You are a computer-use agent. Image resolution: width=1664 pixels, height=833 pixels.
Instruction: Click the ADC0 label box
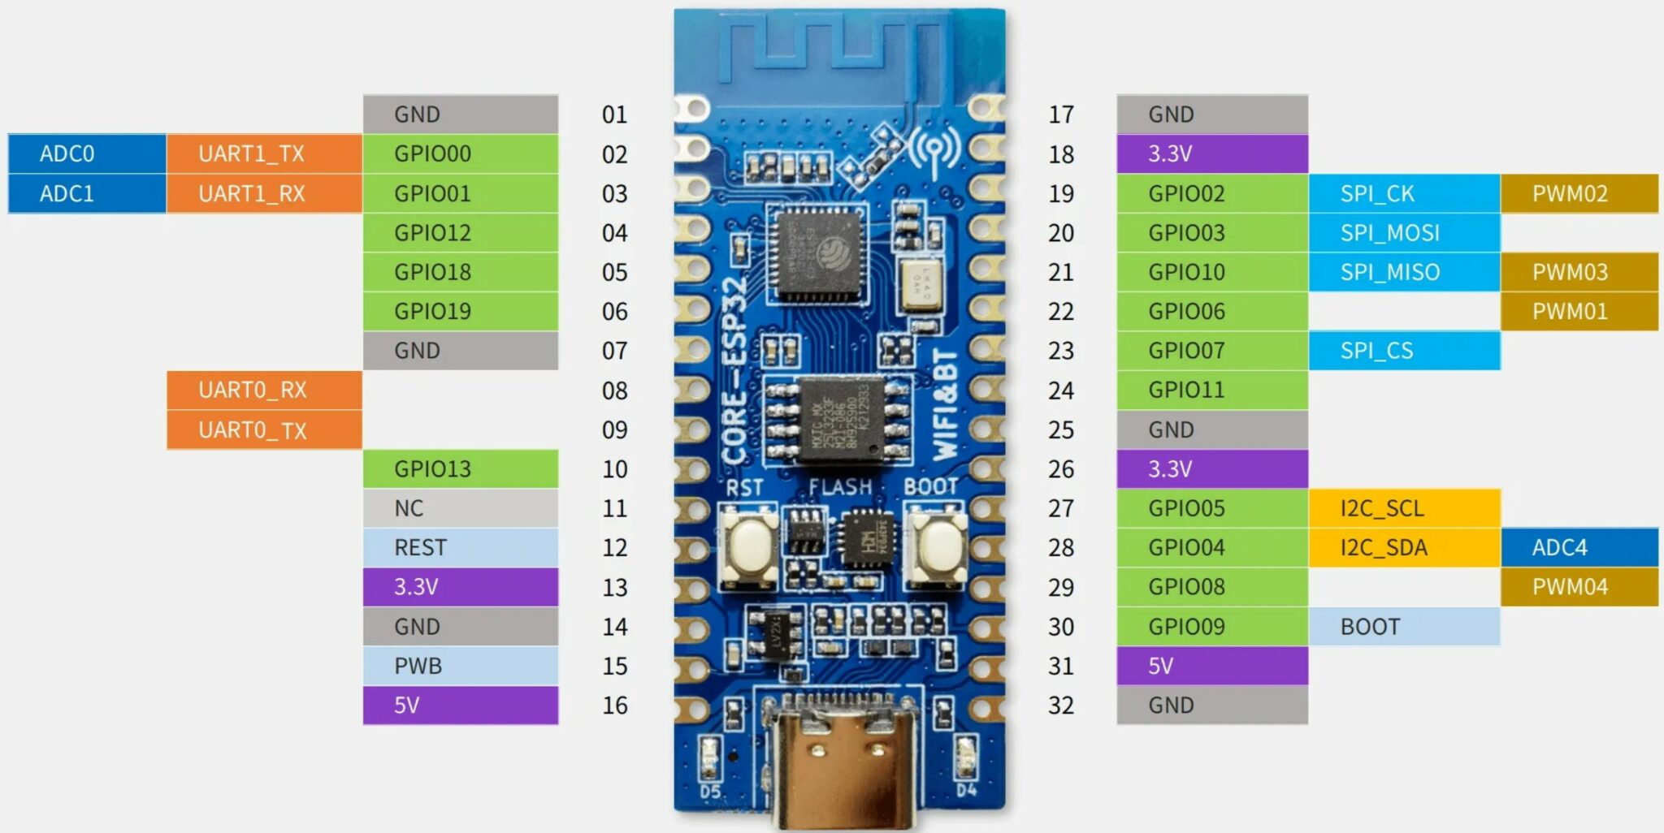tap(87, 153)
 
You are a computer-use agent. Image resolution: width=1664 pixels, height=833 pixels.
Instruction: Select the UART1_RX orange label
tap(264, 193)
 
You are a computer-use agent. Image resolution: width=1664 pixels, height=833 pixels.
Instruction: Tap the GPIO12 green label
tap(460, 233)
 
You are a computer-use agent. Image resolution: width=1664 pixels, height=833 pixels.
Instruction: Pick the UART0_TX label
tap(264, 429)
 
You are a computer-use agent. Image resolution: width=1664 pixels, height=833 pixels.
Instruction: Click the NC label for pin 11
tap(460, 508)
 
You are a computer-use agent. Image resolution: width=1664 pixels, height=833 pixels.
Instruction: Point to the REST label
tap(460, 547)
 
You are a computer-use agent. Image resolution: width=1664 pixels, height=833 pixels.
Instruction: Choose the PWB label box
tap(460, 666)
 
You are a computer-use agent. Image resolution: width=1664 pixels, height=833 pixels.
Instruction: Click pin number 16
tap(615, 706)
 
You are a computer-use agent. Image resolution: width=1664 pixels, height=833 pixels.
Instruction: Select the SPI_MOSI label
tap(1404, 233)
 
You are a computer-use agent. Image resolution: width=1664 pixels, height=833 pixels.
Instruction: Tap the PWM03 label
tap(1579, 272)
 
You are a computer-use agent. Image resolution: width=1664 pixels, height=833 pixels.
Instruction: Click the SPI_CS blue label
tap(1404, 351)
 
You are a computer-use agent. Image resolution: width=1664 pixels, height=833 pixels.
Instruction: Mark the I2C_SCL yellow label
tap(1404, 508)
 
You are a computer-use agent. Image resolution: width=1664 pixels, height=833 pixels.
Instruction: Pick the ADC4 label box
tap(1579, 547)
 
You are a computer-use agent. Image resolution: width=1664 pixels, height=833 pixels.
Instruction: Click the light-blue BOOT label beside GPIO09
tap(1404, 627)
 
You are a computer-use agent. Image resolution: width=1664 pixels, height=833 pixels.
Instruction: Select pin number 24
tap(1061, 391)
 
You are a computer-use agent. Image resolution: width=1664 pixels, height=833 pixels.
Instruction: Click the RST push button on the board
tap(748, 544)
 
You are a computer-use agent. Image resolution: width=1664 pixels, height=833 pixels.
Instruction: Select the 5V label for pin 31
tap(1211, 666)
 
